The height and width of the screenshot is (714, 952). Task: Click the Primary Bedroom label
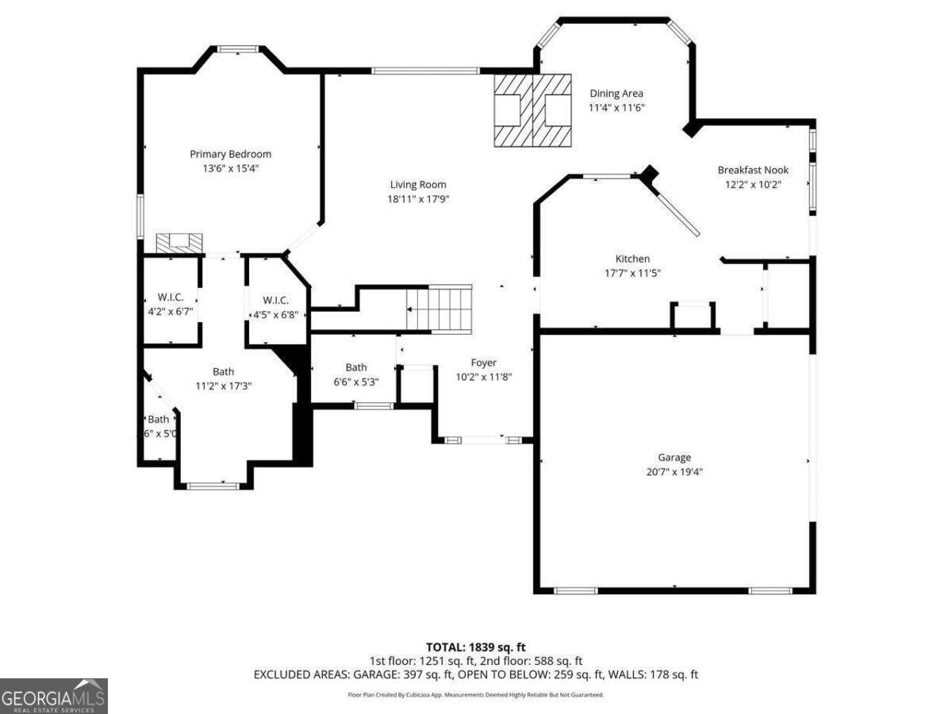coord(230,154)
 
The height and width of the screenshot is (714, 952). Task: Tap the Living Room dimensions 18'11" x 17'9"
coord(418,199)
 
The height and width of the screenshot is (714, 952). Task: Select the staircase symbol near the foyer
coord(439,309)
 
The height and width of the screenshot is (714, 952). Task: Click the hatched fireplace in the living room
coord(532,110)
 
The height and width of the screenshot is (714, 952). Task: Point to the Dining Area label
coord(616,94)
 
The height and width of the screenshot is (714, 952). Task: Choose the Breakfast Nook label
coord(753,170)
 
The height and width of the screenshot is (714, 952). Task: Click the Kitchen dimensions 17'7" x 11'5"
coord(632,273)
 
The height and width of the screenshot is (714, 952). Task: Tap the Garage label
coord(674,457)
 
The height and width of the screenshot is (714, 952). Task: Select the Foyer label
coord(483,363)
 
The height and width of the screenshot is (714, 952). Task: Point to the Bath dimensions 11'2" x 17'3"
coord(224,386)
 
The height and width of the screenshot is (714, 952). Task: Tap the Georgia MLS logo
coord(53,696)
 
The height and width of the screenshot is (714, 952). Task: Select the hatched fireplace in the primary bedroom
coord(179,243)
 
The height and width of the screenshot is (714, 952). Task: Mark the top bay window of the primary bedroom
coord(238,49)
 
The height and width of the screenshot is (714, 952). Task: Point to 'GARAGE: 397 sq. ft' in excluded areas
coord(405,674)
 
